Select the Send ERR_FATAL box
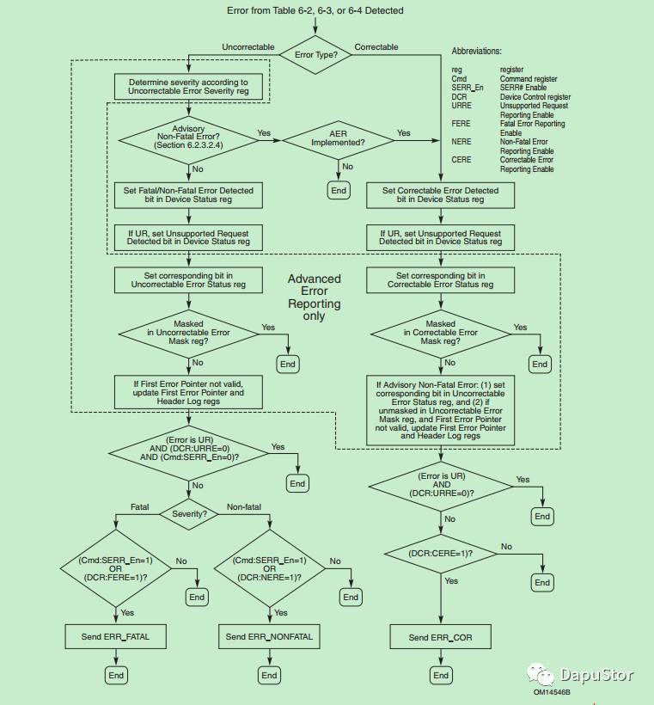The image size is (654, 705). pyautogui.click(x=115, y=637)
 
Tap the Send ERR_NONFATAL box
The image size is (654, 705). pyautogui.click(x=269, y=637)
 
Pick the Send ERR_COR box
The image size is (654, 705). pyautogui.click(x=440, y=637)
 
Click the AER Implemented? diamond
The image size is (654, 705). pyautogui.click(x=339, y=138)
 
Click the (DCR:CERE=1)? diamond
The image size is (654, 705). pyautogui.click(x=440, y=554)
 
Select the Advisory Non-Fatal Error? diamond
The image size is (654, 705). pyautogui.click(x=188, y=138)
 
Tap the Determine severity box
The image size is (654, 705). pyautogui.click(x=187, y=85)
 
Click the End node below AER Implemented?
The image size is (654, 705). pyautogui.click(x=339, y=190)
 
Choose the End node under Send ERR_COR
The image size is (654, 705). pyautogui.click(x=441, y=675)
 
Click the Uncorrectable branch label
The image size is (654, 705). pyautogui.click(x=248, y=47)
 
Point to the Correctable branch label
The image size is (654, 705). pyautogui.click(x=376, y=47)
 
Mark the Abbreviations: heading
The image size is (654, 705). pyautogui.click(x=477, y=52)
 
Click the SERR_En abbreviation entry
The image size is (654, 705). pyautogui.click(x=467, y=89)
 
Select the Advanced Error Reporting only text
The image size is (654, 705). pyautogui.click(x=314, y=297)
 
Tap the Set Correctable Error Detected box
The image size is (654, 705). pyautogui.click(x=440, y=195)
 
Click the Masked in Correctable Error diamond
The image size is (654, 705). pyautogui.click(x=440, y=333)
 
